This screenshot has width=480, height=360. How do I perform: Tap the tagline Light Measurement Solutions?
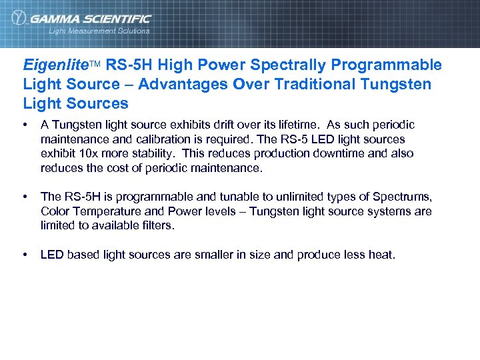tap(99, 31)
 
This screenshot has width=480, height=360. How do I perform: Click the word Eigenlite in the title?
tap(55, 65)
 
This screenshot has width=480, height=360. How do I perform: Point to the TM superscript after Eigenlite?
tap(95, 64)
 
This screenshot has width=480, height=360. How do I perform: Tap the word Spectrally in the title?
tap(287, 65)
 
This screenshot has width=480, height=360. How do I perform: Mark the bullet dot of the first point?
tap(25, 125)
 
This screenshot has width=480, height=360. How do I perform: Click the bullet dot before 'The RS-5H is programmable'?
tap(25, 197)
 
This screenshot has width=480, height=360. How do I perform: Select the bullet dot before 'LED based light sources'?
tap(25, 254)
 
